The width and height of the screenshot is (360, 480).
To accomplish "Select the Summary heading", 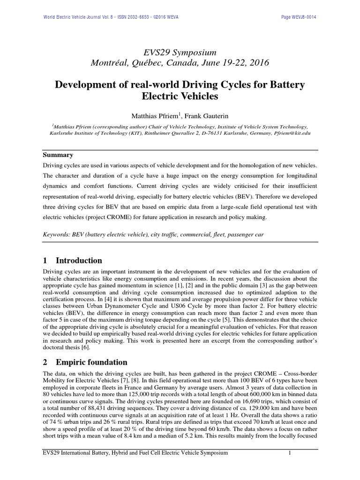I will point(59,154).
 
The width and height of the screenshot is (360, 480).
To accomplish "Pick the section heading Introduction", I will point(79,261).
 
